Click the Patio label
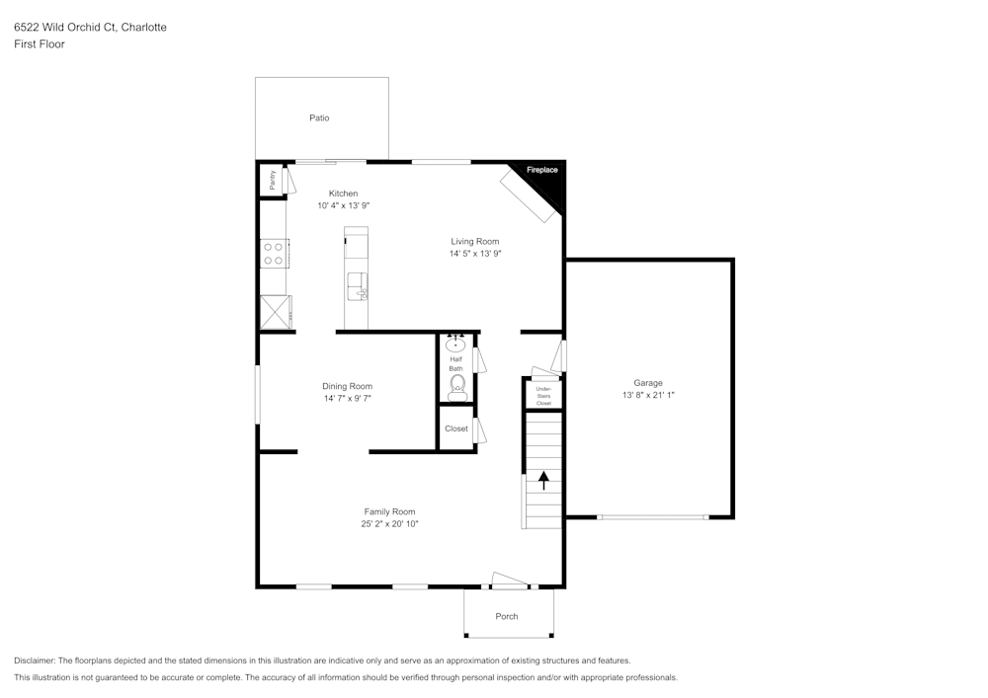pyautogui.click(x=319, y=117)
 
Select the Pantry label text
pyautogui.click(x=273, y=180)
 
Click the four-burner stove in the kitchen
pyautogui.click(x=275, y=253)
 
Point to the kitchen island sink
pyautogui.click(x=358, y=287)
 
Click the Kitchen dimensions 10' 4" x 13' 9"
pyautogui.click(x=344, y=205)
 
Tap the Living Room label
pyautogui.click(x=474, y=241)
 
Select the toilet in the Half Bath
pyautogui.click(x=457, y=388)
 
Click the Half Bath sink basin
pyautogui.click(x=455, y=345)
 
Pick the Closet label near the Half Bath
pyautogui.click(x=456, y=428)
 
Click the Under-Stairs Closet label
pyautogui.click(x=543, y=396)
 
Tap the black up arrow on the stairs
pyautogui.click(x=543, y=480)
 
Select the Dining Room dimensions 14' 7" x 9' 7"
pyautogui.click(x=347, y=398)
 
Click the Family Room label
pyautogui.click(x=389, y=511)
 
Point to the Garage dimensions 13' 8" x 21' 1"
pyautogui.click(x=648, y=395)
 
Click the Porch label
pyautogui.click(x=507, y=616)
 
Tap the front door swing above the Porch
pyautogui.click(x=509, y=581)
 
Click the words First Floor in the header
pyautogui.click(x=40, y=44)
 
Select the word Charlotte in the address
pyautogui.click(x=143, y=27)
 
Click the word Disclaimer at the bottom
pyautogui.click(x=34, y=660)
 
